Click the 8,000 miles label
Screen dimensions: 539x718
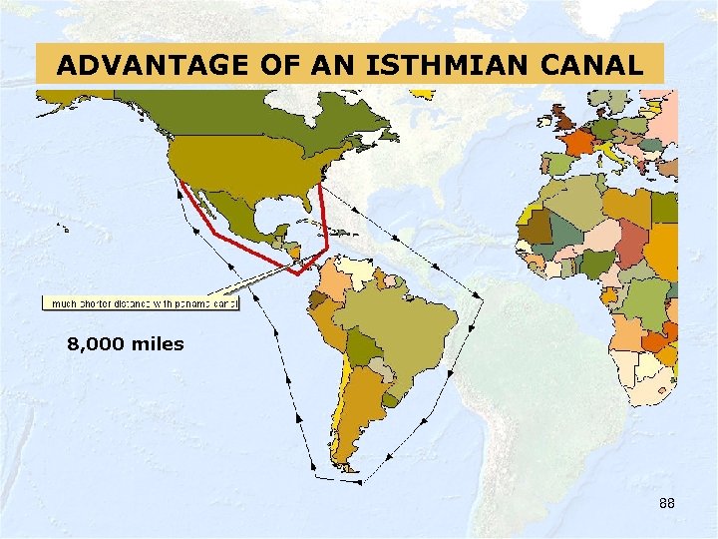click(x=126, y=344)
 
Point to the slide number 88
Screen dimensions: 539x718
click(x=667, y=504)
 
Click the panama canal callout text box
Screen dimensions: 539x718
click(x=140, y=302)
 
